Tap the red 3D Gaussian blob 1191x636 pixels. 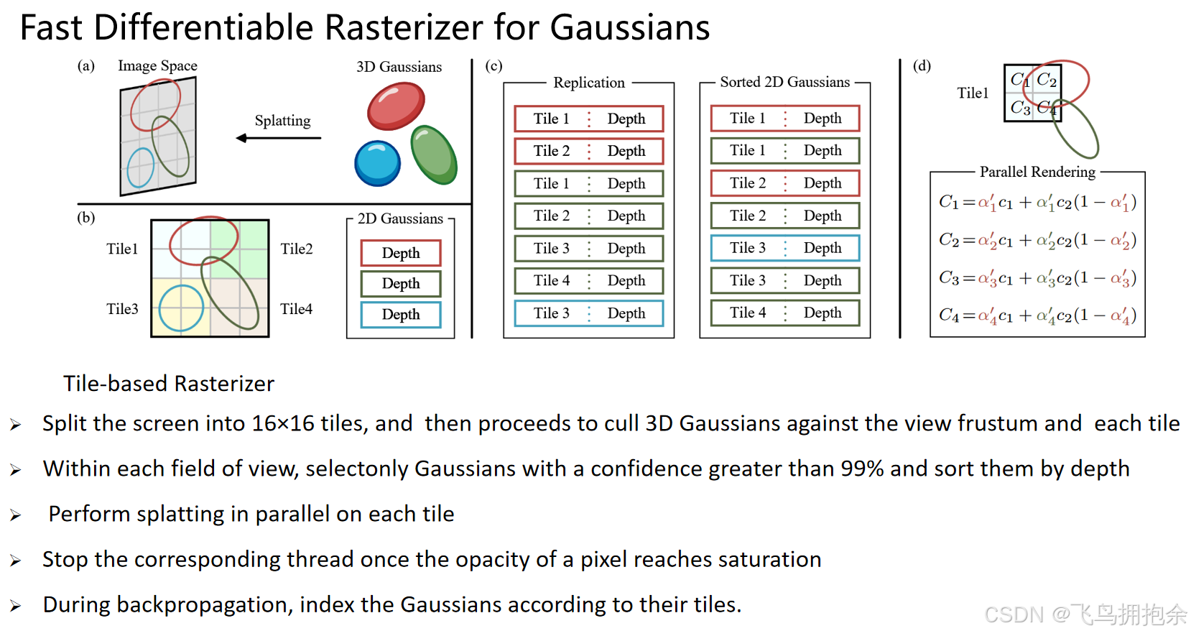coord(396,105)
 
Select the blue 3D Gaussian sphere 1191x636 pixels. coord(377,163)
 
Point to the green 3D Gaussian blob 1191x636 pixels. coord(434,154)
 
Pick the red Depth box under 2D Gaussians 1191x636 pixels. coord(401,253)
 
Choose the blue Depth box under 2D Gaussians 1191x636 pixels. coord(401,315)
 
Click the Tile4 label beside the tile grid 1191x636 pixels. coord(296,309)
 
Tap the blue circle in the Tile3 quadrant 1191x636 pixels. coord(181,308)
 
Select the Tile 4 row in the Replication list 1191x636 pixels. coord(588,281)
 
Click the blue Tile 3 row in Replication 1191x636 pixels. coord(588,313)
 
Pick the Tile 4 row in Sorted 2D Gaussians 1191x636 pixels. coord(784,313)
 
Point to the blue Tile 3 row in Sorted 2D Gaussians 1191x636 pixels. coord(784,248)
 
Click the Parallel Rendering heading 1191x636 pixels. coord(1037,172)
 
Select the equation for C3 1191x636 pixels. coord(1037,278)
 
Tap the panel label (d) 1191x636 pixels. coord(922,66)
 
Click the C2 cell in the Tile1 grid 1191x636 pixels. coord(1047,79)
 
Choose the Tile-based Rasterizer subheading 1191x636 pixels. coord(169,384)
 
